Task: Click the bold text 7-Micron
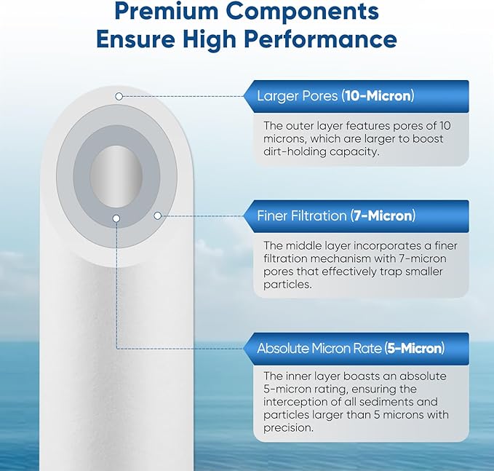383,215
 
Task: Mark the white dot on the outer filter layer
118,96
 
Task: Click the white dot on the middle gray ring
158,215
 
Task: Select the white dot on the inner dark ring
116,217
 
